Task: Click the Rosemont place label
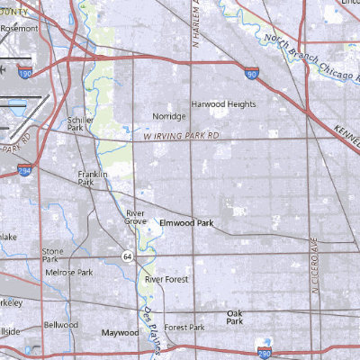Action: pos(20,28)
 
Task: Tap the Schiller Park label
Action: pos(80,123)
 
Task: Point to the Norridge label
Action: pos(169,117)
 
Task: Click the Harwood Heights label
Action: pos(223,103)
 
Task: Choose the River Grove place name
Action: pos(136,217)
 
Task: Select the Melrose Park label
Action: pos(69,272)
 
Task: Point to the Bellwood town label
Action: pos(62,324)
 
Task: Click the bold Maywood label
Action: pos(120,332)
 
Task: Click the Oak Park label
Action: pos(235,317)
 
